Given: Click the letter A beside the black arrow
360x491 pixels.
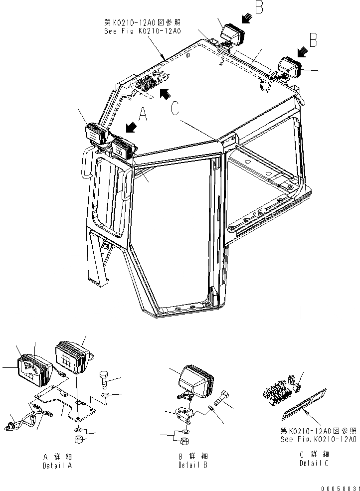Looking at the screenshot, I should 143,116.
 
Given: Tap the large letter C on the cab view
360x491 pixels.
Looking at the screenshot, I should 175,109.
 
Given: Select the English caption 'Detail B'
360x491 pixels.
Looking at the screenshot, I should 193,466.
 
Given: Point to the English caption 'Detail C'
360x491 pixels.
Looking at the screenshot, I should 314,463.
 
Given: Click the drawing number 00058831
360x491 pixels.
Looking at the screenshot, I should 339,487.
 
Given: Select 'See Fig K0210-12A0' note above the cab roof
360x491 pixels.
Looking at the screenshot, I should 142,26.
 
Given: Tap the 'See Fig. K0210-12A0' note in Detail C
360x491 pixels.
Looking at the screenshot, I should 318,435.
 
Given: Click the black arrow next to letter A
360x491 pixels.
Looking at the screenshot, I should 131,128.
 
